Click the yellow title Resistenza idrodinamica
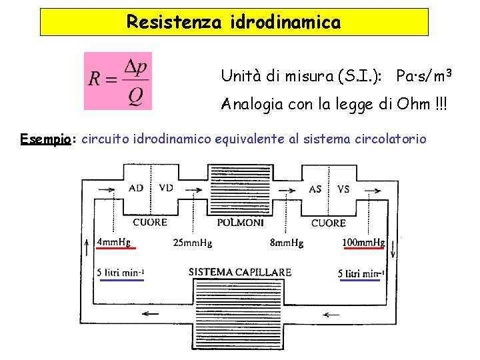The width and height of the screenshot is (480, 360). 233,22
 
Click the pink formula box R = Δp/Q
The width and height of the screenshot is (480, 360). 118,81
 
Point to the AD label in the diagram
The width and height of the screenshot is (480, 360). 136,189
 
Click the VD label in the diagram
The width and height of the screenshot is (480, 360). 166,188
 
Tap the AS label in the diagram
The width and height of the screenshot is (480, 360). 315,189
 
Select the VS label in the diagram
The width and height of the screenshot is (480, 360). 343,189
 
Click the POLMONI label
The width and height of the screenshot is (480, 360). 241,223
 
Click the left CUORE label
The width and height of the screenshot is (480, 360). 150,222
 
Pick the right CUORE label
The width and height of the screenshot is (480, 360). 328,223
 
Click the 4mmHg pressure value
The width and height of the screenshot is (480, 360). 114,241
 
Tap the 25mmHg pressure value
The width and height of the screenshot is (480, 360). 192,243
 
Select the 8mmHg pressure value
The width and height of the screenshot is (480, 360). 287,243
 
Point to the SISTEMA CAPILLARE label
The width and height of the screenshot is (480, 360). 240,272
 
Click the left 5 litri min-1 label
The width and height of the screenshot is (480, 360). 121,272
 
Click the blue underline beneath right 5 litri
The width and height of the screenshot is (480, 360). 361,280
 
